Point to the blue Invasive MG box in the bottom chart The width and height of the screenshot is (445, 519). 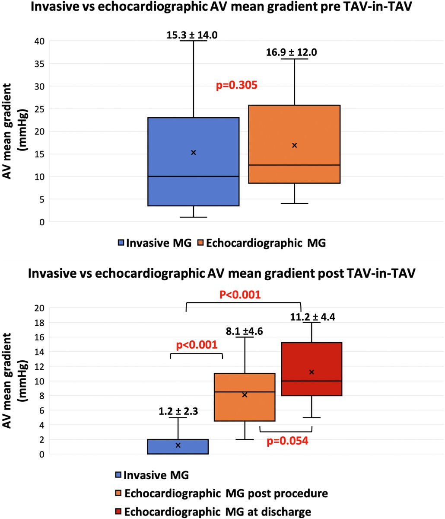coord(178,447)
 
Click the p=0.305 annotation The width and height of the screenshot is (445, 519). coord(237,85)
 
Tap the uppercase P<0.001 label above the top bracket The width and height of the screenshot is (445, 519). coord(240,295)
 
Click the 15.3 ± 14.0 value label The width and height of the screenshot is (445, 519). coord(192,35)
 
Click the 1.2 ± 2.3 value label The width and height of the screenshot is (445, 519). coord(178,411)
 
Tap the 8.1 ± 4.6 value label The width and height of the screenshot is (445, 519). coord(245,332)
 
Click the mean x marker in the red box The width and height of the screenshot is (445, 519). coord(311,372)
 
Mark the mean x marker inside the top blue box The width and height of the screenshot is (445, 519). coord(194,152)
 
